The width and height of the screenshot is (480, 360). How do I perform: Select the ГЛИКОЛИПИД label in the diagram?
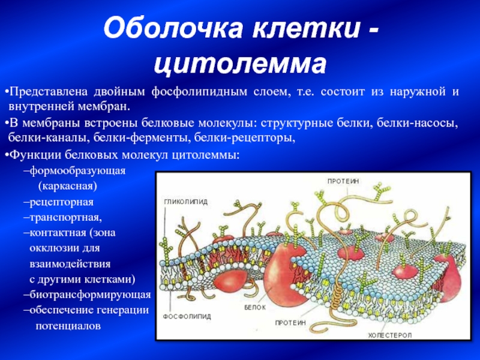[x=186, y=202]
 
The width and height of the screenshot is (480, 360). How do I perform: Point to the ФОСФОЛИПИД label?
[x=187, y=317]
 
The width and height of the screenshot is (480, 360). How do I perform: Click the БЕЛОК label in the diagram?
[x=255, y=307]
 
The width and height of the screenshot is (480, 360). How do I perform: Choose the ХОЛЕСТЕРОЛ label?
[x=389, y=335]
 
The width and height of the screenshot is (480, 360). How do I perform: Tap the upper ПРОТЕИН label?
[x=343, y=181]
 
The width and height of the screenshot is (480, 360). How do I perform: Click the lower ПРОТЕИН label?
[x=290, y=323]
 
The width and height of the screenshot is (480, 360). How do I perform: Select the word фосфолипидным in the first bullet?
[x=199, y=92]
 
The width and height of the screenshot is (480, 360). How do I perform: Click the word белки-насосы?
[x=417, y=123]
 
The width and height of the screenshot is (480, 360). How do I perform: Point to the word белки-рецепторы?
[x=245, y=139]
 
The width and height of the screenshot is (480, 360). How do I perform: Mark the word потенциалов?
[x=68, y=326]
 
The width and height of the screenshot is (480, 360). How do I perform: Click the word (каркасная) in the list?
[x=68, y=187]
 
